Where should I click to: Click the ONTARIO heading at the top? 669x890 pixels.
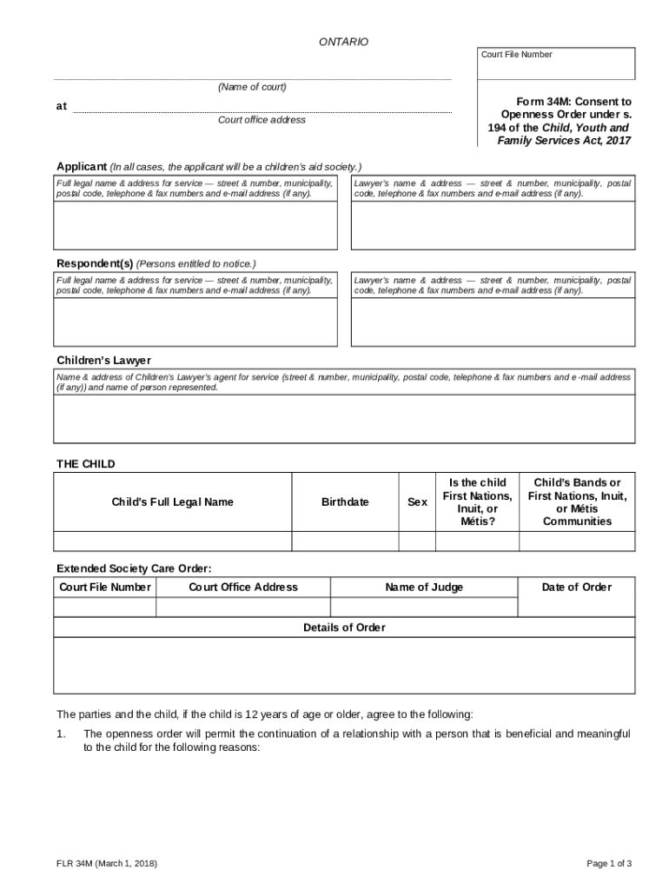tap(344, 42)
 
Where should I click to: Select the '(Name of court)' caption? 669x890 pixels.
tap(252, 87)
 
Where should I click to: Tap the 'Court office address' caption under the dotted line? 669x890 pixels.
tap(262, 120)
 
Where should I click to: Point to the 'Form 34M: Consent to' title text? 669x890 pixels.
tap(561, 102)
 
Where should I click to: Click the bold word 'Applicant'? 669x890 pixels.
tap(82, 166)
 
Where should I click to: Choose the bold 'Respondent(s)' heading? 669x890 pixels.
tap(95, 263)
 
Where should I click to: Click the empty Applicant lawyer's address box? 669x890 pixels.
tap(492, 225)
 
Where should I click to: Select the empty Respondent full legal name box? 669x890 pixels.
tap(195, 322)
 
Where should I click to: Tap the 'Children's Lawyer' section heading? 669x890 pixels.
tap(103, 360)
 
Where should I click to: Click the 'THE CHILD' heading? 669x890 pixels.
tap(85, 464)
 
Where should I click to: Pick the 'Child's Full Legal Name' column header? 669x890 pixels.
tap(172, 501)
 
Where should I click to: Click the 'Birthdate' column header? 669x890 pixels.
tap(345, 501)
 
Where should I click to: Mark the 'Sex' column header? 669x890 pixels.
tap(417, 501)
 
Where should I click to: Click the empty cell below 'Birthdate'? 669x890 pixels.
tap(345, 541)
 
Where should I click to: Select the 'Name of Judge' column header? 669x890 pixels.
tap(424, 587)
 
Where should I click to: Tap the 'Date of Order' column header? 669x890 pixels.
tap(576, 587)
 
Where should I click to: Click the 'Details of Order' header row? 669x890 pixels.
tap(344, 628)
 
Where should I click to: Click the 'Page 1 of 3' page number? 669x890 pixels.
tap(609, 863)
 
